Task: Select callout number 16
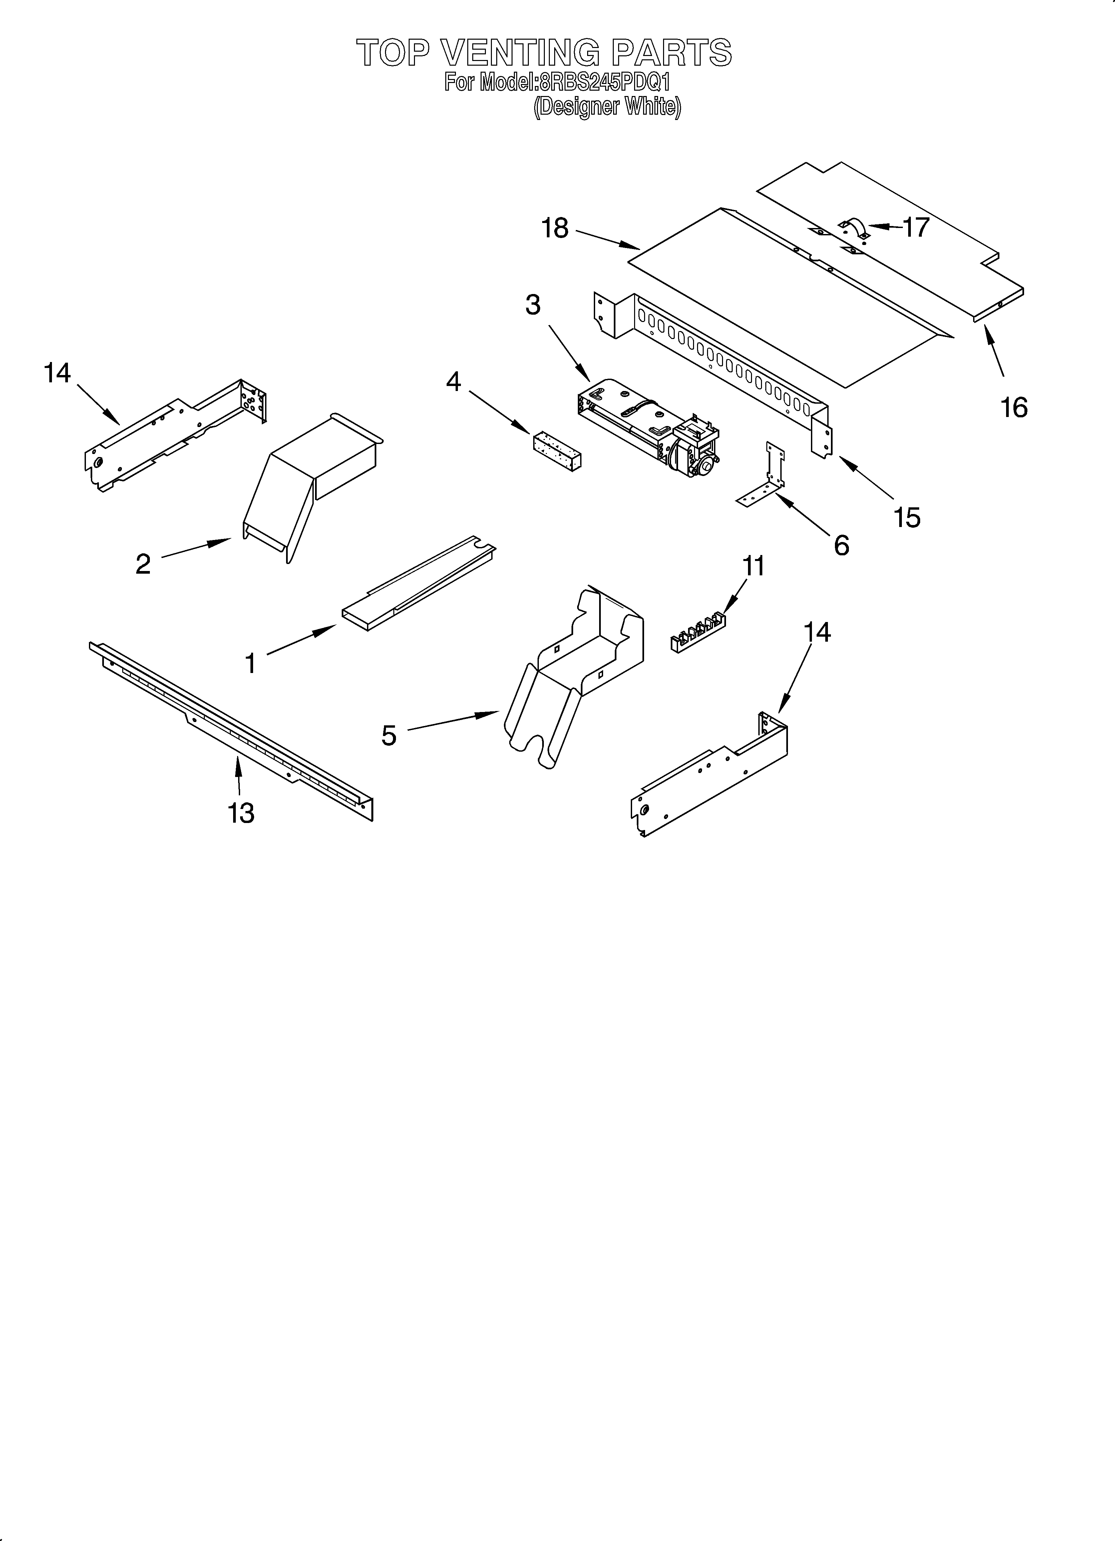[1014, 408]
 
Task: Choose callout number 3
[533, 305]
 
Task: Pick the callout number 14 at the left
[57, 373]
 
